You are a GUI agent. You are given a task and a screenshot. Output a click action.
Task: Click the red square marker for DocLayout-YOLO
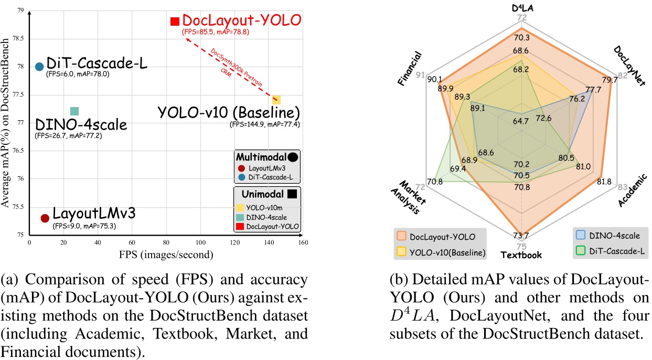pos(175,22)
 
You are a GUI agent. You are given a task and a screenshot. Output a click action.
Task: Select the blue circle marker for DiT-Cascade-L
pos(39,66)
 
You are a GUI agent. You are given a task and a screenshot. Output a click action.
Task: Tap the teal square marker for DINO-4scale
pos(74,111)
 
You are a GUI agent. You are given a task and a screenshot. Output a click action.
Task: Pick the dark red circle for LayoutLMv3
pos(45,218)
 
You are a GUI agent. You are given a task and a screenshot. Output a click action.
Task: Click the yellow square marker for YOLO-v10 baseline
pos(276,100)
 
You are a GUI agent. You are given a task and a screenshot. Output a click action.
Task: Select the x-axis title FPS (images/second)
pos(165,255)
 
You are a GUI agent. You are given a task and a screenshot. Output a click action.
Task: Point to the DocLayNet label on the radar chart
pos(631,66)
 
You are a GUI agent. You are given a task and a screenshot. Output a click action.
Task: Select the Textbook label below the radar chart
pos(522,256)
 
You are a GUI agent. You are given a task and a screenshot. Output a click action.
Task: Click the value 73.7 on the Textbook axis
pos(521,236)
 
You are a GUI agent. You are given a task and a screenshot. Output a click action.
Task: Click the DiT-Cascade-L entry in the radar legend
pos(612,252)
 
